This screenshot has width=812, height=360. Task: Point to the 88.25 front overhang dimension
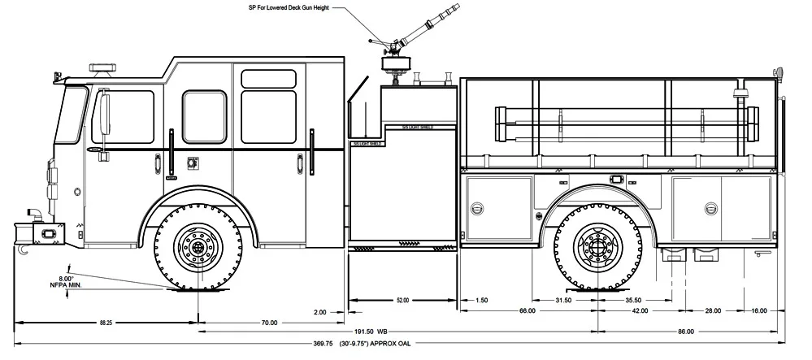(x=106, y=323)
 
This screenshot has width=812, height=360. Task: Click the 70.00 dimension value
(x=269, y=323)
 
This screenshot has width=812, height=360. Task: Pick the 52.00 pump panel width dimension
(x=402, y=301)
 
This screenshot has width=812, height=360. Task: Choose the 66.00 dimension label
(x=528, y=311)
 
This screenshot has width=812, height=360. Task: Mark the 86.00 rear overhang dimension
(x=686, y=332)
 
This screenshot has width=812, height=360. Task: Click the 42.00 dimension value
(x=640, y=311)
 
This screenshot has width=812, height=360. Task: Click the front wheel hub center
(x=199, y=244)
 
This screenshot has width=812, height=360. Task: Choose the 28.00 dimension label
(x=713, y=311)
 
